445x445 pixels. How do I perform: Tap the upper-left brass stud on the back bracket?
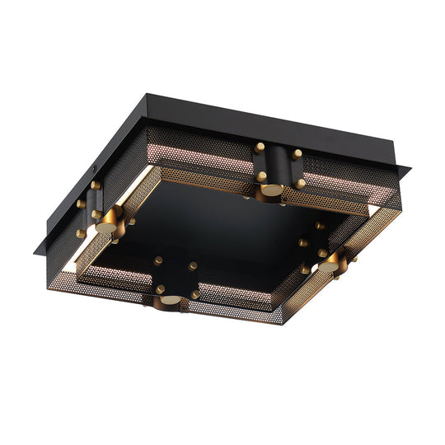point(260,147)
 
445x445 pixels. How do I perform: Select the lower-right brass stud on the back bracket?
point(301,183)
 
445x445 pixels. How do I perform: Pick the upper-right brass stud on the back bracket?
point(297,153)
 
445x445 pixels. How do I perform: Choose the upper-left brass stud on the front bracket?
point(157,260)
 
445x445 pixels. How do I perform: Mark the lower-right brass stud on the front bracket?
point(194,294)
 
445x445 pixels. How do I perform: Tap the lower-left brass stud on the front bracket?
point(160,289)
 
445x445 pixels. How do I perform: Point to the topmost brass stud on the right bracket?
point(319,225)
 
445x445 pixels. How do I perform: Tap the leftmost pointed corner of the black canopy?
point(34,252)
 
